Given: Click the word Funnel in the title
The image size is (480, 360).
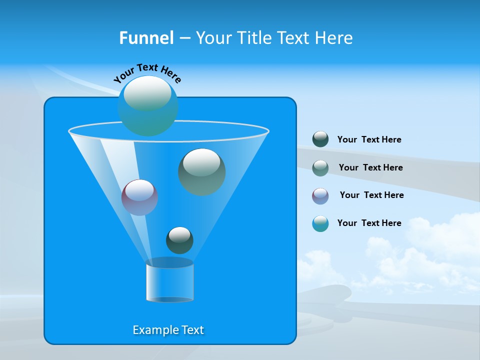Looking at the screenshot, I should [146, 38].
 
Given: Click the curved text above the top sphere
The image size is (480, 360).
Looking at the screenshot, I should [147, 73].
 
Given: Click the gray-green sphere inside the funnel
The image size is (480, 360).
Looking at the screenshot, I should [201, 172].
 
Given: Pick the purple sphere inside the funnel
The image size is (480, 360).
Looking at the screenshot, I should [139, 197].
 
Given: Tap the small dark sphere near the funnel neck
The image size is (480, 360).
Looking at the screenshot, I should [179, 240].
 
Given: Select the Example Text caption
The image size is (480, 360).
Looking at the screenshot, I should [168, 330].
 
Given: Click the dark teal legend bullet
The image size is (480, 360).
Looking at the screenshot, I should [320, 139].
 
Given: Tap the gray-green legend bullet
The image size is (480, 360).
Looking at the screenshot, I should [320, 167].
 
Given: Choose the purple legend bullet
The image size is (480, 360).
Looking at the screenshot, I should [320, 195].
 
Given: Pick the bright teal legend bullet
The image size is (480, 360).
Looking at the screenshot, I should [320, 223].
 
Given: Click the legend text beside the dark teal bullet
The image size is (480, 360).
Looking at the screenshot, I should [369, 139].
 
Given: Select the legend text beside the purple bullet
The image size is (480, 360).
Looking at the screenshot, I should [371, 195].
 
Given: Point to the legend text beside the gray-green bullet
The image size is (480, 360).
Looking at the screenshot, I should [370, 167].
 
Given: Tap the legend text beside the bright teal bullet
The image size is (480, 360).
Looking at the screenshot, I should [369, 223].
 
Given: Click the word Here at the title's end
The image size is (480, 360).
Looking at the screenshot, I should [335, 38].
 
